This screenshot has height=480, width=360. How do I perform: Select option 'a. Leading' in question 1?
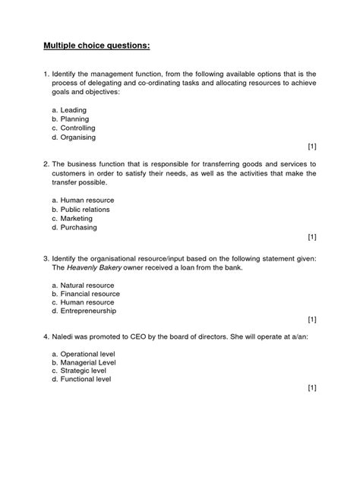(x=69, y=110)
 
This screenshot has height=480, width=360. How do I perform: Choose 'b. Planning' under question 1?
(x=70, y=119)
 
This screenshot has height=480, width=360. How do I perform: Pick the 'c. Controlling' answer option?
(x=75, y=128)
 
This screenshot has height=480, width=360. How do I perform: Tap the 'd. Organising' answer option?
(x=74, y=137)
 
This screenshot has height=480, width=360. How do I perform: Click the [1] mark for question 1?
(x=312, y=145)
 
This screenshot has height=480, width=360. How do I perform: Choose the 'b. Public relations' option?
(x=81, y=210)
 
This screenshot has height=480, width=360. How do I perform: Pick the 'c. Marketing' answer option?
(x=71, y=219)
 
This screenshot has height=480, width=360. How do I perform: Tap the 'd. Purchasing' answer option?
(x=74, y=228)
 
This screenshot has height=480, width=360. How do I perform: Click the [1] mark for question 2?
(x=312, y=236)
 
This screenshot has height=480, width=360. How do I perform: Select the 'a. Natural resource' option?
(x=81, y=284)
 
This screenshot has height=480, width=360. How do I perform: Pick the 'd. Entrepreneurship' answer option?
(x=84, y=311)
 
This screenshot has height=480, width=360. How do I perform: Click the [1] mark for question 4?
(x=312, y=387)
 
